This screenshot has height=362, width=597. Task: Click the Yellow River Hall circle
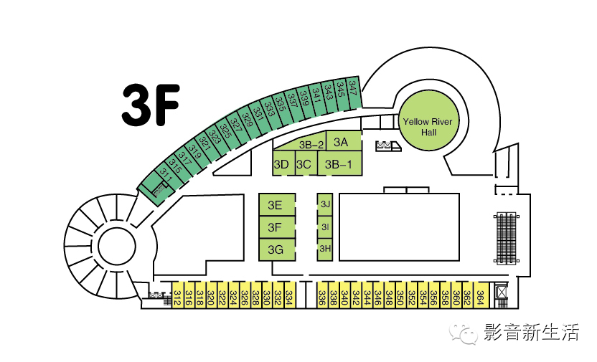(428, 122)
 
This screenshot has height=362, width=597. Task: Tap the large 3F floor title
(149, 105)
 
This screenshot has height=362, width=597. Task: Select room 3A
(341, 141)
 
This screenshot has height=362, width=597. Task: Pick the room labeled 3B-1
(339, 164)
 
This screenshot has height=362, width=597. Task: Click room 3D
(281, 164)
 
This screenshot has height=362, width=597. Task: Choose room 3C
(304, 164)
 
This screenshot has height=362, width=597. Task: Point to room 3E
(276, 206)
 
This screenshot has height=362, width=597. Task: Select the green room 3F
(276, 228)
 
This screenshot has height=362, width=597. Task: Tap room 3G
(276, 249)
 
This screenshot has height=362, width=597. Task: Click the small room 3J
(326, 204)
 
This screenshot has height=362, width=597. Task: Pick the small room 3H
(325, 249)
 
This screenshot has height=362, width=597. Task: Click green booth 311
(166, 173)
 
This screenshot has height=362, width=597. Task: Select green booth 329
(248, 116)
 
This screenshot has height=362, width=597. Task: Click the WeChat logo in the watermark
(466, 332)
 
